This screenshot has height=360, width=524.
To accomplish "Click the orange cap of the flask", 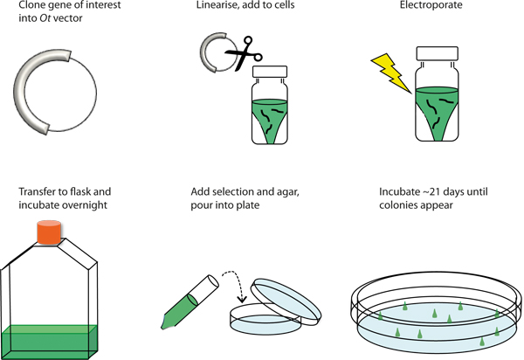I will [49, 232].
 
